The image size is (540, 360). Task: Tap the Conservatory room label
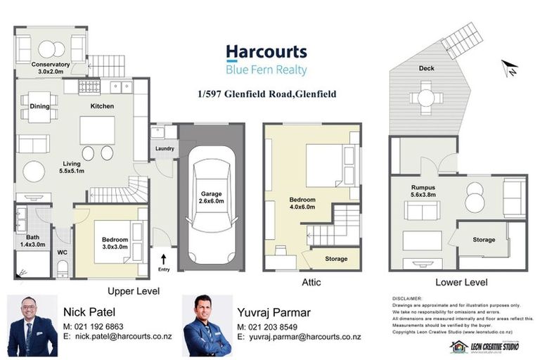click(x=51, y=67)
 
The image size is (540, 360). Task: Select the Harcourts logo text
click(x=266, y=52)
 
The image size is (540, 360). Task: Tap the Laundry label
click(x=164, y=148)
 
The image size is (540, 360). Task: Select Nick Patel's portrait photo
click(x=32, y=325)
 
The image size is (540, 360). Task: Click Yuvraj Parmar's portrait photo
click(x=207, y=325)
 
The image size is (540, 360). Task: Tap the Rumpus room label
click(x=423, y=188)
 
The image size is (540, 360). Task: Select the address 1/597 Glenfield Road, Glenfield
click(x=266, y=94)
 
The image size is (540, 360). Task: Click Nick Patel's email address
click(x=117, y=337)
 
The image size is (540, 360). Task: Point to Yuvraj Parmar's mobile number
click(x=278, y=328)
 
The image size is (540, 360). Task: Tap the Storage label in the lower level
click(x=484, y=240)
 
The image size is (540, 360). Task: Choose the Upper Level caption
click(x=133, y=290)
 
